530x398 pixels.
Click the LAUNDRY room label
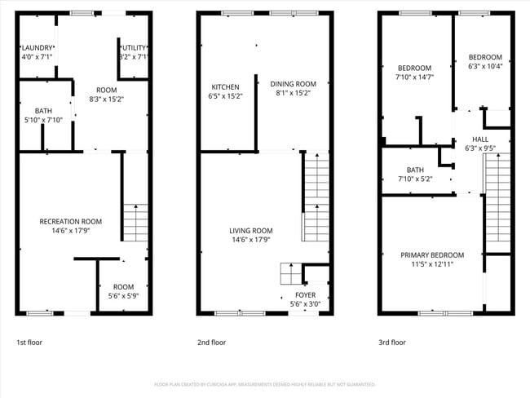coord(37,48)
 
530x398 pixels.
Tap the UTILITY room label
coord(133,48)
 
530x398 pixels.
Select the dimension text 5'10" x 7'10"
coord(43,121)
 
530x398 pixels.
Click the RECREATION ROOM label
coord(71,221)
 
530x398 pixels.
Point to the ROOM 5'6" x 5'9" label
coord(123,287)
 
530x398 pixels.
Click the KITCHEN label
coord(225,86)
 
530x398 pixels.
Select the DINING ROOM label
coord(293,83)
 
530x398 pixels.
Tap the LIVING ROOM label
coord(250,231)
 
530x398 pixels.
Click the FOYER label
coord(306,295)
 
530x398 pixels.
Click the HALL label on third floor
coord(480,139)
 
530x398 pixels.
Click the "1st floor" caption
coord(30,343)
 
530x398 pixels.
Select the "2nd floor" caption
coord(211,343)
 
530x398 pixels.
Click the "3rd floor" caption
coord(391,343)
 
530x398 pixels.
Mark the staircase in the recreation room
coord(135,221)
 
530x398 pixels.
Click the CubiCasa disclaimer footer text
coord(264,384)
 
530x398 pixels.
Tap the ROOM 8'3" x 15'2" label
coord(106,90)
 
